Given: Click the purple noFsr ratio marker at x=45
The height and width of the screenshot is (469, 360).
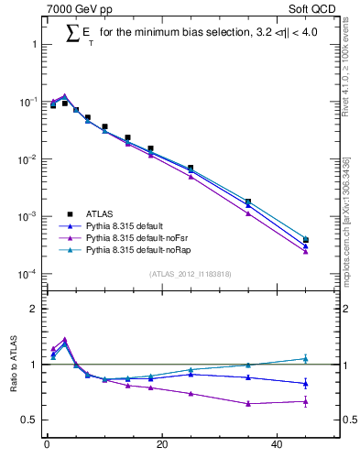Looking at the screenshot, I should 306,401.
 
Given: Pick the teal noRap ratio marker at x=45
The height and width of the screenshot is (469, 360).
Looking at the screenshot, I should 306,359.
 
